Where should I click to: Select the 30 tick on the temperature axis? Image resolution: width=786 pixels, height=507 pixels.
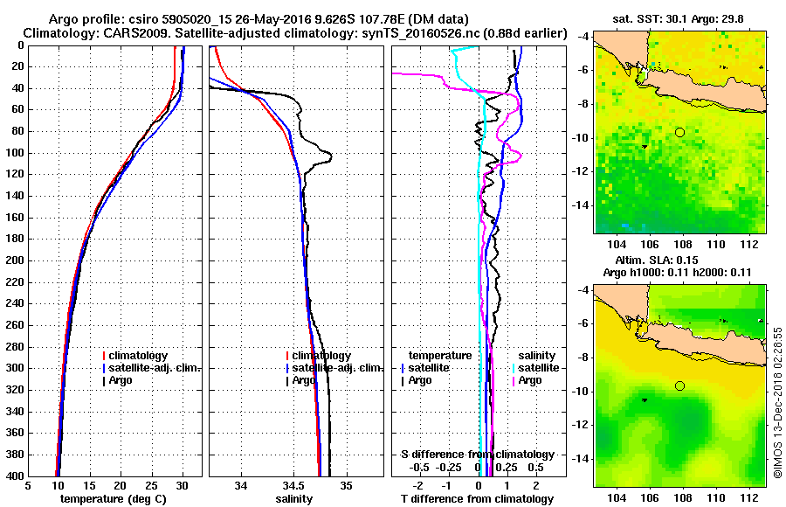pyautogui.click(x=182, y=486)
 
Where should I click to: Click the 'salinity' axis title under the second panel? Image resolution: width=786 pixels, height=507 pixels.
pyautogui.click(x=293, y=499)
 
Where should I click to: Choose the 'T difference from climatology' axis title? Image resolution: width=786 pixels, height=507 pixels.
pyautogui.click(x=477, y=499)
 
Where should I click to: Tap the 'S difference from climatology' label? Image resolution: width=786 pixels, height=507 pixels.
pyautogui.click(x=477, y=455)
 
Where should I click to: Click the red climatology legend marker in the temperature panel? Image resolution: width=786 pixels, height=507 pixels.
pyautogui.click(x=104, y=356)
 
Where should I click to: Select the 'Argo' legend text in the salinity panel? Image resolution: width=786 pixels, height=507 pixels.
pyautogui.click(x=304, y=380)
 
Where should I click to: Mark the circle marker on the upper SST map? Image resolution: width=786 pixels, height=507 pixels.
pyautogui.click(x=679, y=132)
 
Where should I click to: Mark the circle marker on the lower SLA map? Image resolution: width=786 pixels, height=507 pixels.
pyautogui.click(x=679, y=385)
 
